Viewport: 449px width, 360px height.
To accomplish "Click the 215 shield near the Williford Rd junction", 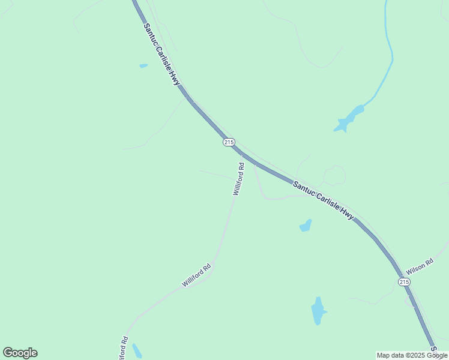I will [228, 142].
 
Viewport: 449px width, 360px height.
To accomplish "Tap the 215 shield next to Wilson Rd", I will [404, 281].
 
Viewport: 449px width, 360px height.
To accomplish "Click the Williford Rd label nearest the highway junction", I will [238, 179].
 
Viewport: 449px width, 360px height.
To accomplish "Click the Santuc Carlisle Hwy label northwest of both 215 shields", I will [162, 54].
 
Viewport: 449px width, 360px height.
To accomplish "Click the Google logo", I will [20, 352].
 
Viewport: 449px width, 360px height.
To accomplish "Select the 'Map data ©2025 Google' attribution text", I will [412, 355].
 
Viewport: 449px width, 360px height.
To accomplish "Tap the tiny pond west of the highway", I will [143, 65].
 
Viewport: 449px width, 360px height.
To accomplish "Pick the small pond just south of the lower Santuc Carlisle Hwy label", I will [306, 226].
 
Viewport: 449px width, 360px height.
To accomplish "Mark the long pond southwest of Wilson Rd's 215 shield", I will [318, 311].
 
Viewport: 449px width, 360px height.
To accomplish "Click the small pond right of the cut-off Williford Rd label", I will [137, 351].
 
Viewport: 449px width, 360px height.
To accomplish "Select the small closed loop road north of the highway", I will [334, 175].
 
